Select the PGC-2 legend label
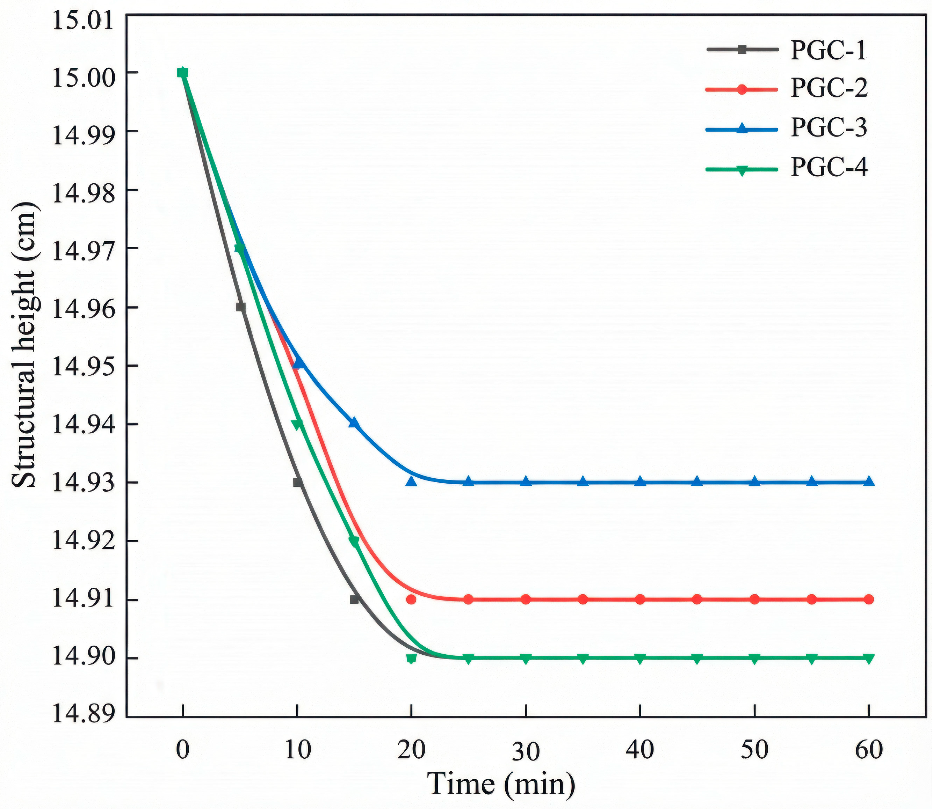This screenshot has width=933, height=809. point(829,88)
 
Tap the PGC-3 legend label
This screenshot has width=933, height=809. point(829,127)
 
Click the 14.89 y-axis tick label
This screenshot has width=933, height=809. point(83,716)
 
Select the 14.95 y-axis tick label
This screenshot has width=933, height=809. point(83,366)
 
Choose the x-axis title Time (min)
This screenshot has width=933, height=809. point(501,785)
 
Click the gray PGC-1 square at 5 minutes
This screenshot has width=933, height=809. point(240,307)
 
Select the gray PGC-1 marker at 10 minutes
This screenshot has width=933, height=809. point(297,482)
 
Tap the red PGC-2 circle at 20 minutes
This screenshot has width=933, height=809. point(411,600)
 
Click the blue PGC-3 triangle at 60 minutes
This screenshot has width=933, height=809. point(869,481)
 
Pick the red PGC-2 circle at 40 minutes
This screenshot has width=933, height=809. point(640,600)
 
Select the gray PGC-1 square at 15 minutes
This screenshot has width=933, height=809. point(354,600)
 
